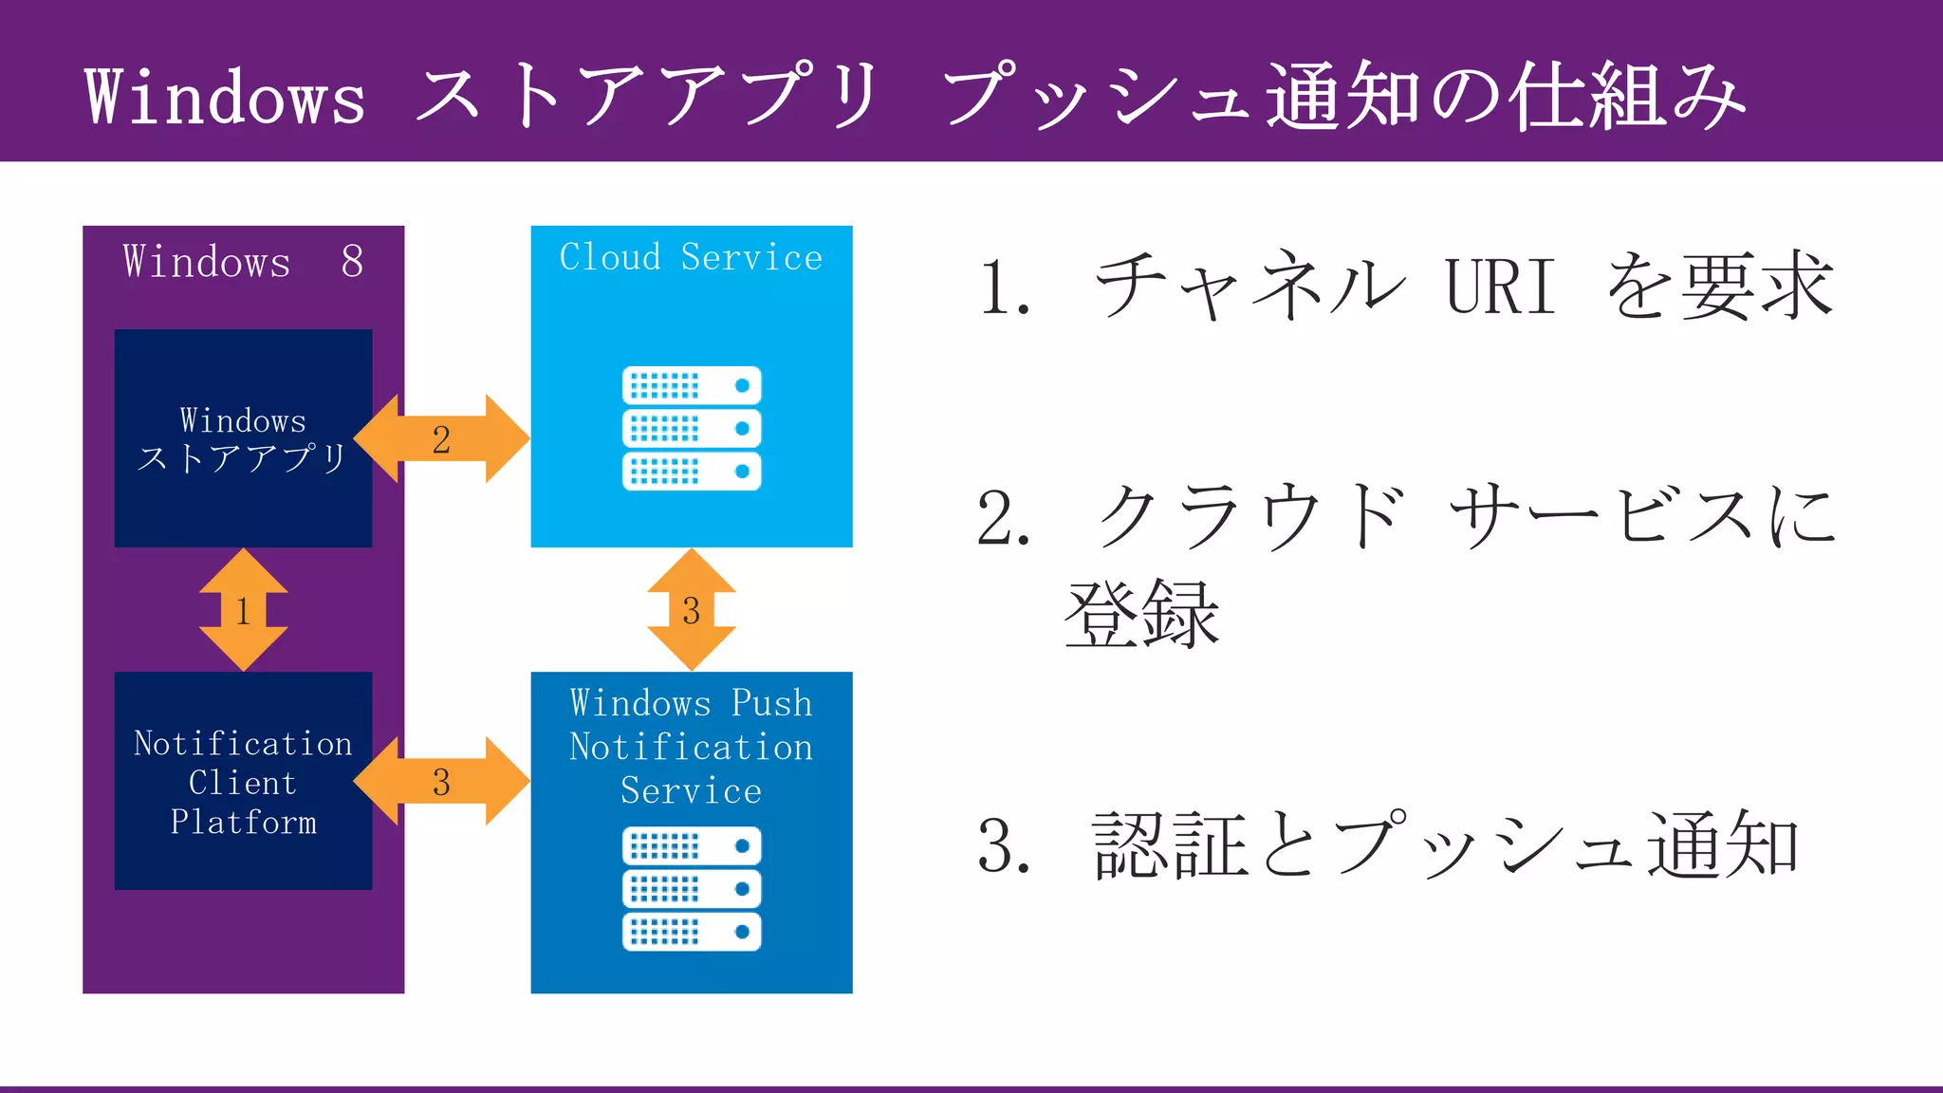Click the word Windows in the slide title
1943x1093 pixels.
click(225, 97)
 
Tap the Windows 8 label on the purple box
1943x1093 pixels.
click(243, 262)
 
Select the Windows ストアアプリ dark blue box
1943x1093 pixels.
click(243, 438)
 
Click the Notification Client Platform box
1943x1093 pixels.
click(243, 781)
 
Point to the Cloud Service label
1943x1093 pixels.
click(691, 258)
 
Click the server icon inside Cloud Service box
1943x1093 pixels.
click(692, 428)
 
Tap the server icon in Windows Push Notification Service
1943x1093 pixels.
click(692, 888)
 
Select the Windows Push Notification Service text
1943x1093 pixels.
click(691, 747)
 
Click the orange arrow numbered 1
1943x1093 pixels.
click(243, 610)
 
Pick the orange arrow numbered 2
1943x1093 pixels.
click(441, 439)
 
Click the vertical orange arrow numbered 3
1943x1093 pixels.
click(691, 610)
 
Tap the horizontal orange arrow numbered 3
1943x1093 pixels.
click(441, 782)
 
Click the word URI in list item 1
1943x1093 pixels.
click(1500, 287)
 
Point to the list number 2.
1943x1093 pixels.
click(1002, 519)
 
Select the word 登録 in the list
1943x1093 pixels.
click(1142, 615)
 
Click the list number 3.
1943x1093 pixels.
click(1002, 845)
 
